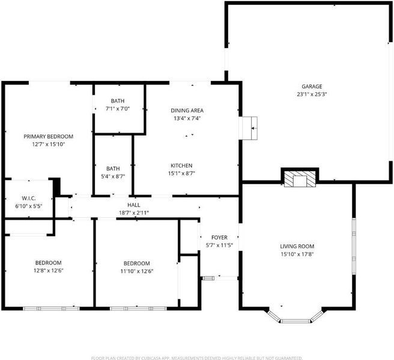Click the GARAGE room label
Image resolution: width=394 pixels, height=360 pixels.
[312, 86]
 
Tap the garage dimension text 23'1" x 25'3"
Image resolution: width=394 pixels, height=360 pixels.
[312, 94]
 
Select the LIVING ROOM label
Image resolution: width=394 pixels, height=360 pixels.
[297, 246]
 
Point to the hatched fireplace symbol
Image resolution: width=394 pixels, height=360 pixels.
[300, 179]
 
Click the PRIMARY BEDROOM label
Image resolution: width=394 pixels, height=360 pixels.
[49, 136]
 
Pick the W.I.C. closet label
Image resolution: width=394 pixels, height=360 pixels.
[29, 198]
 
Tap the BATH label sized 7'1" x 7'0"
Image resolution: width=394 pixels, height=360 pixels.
[118, 101]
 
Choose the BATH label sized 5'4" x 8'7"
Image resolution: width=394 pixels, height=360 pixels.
[113, 169]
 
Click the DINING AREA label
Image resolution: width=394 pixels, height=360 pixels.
[187, 110]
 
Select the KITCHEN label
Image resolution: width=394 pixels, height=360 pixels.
[181, 166]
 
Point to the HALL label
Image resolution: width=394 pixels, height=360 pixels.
[134, 205]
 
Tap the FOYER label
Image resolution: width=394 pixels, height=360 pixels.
[219, 237]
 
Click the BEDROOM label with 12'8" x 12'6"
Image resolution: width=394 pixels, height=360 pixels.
[48, 263]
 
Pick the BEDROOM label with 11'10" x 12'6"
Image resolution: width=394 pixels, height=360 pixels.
[137, 263]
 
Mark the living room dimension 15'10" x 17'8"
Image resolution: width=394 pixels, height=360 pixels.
[297, 254]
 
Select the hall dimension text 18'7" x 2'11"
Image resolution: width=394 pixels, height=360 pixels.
[134, 213]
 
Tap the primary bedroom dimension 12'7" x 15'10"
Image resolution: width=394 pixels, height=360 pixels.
[49, 145]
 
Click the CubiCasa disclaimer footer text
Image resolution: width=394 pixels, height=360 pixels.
[197, 358]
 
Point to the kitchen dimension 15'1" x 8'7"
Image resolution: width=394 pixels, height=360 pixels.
[181, 173]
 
